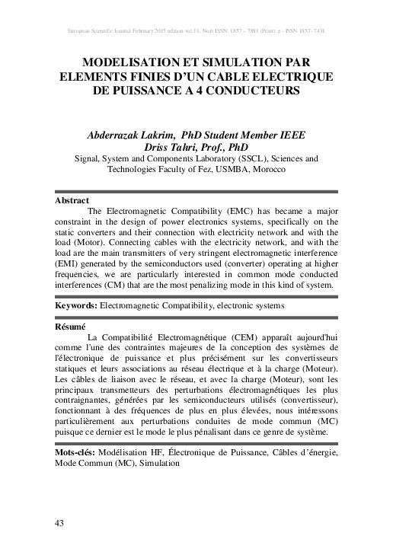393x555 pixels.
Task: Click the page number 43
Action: coord(59,522)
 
